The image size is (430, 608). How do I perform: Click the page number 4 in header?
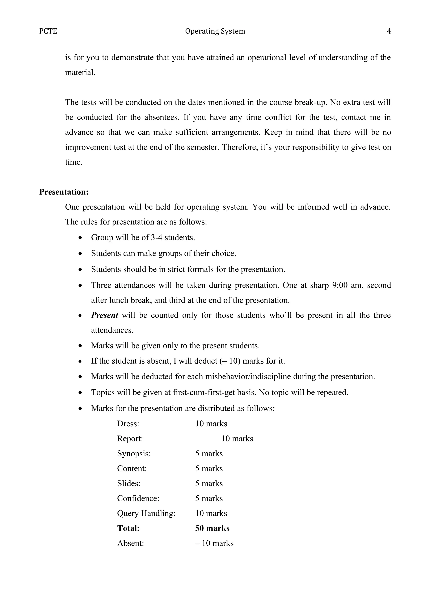(389, 31)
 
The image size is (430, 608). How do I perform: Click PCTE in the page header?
(48, 31)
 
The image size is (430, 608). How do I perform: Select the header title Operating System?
(215, 31)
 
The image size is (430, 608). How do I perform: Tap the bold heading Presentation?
(64, 192)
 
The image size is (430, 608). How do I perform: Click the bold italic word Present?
(104, 315)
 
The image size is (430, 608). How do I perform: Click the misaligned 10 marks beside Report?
(237, 438)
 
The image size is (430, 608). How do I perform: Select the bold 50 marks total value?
(212, 528)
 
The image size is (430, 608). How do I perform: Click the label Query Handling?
(146, 513)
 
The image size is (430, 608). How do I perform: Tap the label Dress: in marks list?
(128, 424)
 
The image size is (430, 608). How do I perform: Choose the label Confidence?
(138, 498)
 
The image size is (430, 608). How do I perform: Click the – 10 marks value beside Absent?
(214, 543)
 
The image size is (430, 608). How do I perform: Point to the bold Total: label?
(128, 528)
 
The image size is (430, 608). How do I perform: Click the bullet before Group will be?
(80, 238)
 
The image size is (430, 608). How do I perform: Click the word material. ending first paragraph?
(80, 72)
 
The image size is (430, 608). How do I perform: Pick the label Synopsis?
(134, 454)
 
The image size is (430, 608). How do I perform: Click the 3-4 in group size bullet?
(156, 237)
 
